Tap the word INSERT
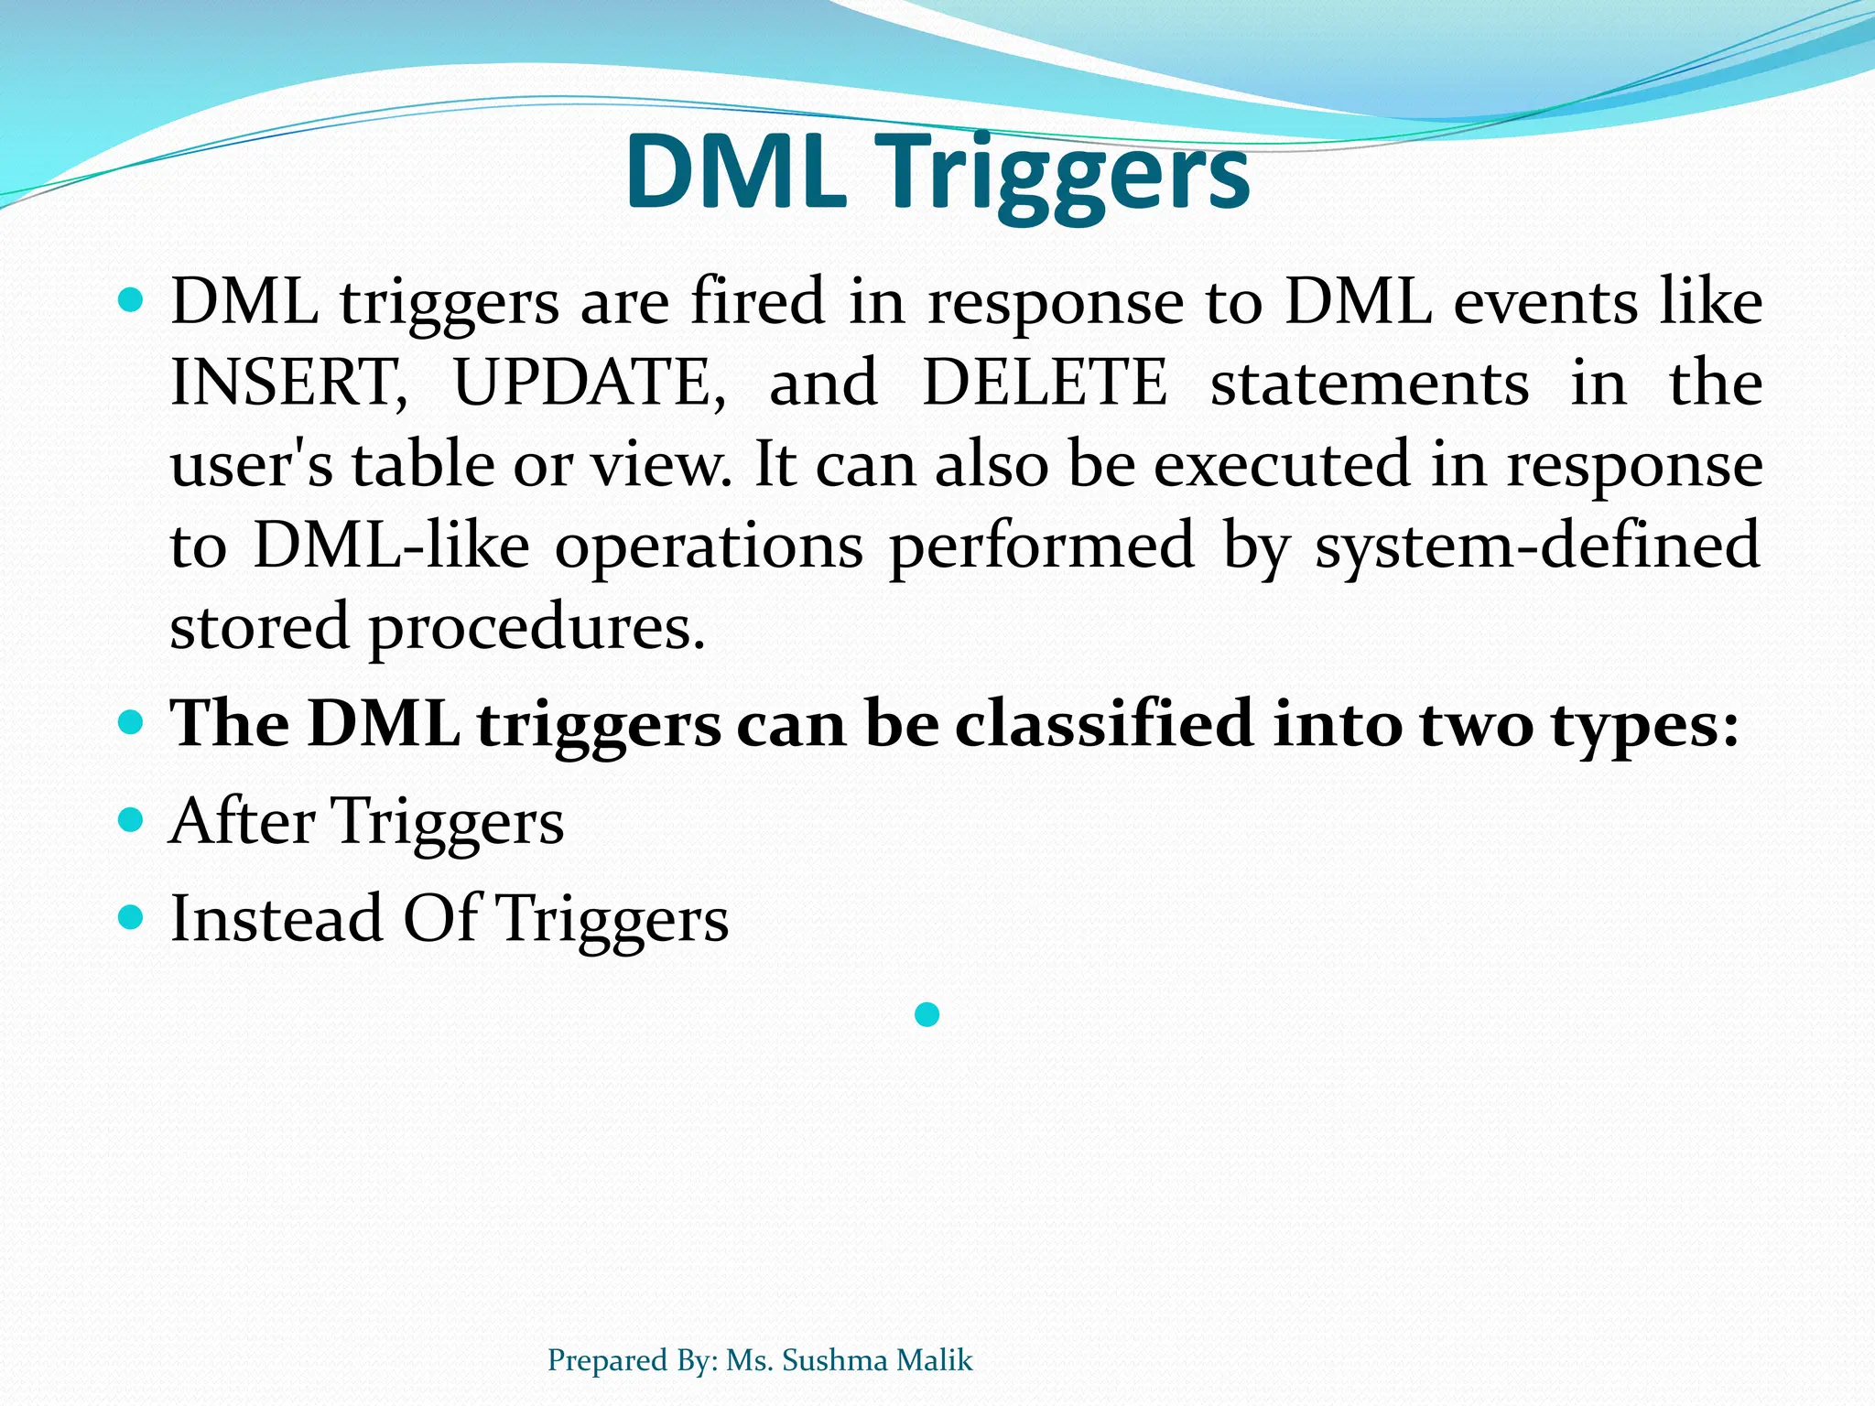coord(288,383)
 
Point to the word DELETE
coord(1045,383)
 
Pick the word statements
coord(1369,383)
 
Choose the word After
coord(243,821)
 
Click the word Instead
coord(276,918)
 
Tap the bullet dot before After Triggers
coord(132,818)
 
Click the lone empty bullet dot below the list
coord(927,1014)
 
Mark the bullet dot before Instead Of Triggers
coord(132,916)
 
